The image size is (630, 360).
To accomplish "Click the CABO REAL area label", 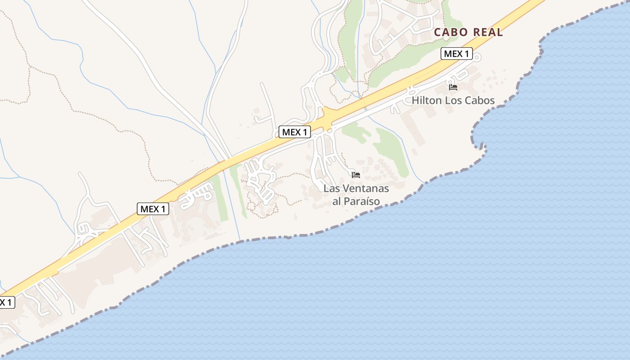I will tap(468, 32).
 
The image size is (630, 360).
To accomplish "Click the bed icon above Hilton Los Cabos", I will tap(453, 87).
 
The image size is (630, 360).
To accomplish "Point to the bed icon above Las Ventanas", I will tap(356, 175).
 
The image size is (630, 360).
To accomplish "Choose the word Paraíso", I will tap(363, 201).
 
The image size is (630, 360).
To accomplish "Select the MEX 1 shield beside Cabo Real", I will tap(456, 54).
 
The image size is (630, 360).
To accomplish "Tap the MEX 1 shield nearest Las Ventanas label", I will tap(295, 132).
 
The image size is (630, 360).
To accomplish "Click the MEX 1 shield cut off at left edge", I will tap(6, 302).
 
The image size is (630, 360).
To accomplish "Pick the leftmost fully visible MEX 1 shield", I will tap(153, 209).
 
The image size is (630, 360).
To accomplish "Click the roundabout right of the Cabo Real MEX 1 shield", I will tap(477, 57).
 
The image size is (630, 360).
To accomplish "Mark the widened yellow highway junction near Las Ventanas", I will tap(328, 116).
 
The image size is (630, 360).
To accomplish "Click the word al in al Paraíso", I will tap(337, 201).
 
